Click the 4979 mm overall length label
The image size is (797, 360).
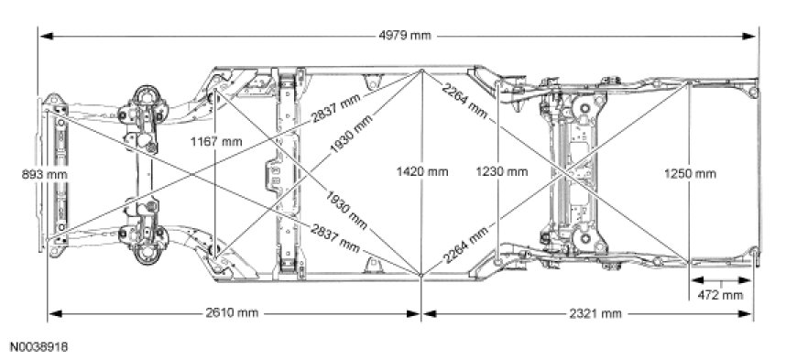[405, 36]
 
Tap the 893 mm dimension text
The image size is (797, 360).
[44, 174]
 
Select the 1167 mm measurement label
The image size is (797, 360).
[216, 142]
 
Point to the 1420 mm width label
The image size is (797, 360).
[422, 172]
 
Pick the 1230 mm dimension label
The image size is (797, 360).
[502, 172]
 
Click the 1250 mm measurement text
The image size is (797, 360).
[690, 174]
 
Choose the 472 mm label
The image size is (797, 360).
[720, 295]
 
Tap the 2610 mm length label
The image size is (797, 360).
[232, 312]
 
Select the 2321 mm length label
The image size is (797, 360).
[595, 313]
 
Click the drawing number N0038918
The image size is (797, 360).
[39, 347]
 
